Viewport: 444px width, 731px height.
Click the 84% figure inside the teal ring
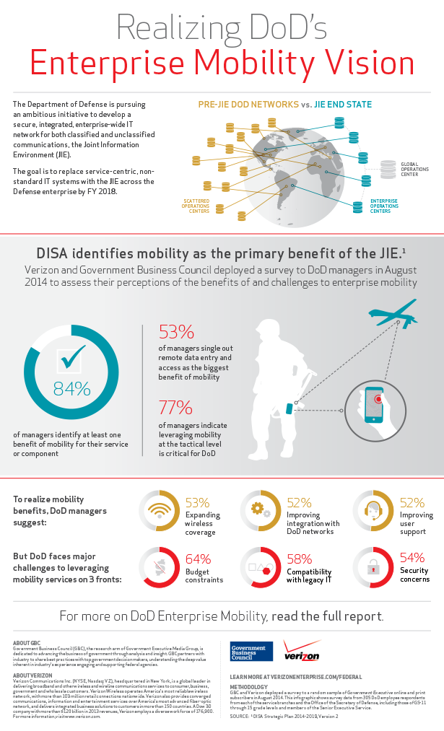71,388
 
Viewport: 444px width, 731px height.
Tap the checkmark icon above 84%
74,356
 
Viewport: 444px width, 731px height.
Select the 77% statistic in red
176,408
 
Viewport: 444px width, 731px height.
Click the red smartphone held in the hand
374,405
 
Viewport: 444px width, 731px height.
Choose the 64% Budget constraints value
199,559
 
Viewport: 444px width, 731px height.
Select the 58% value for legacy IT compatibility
299,559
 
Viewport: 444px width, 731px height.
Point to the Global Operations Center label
415,170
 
